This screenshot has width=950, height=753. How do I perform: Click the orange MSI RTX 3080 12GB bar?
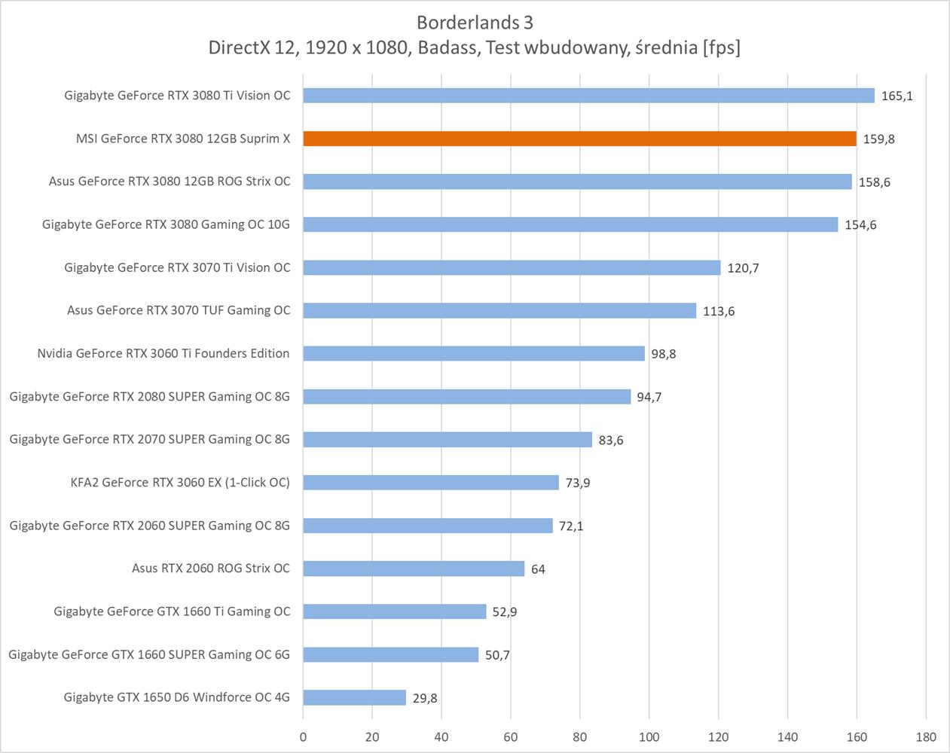(579, 139)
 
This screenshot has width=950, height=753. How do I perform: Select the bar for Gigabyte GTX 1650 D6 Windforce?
(354, 697)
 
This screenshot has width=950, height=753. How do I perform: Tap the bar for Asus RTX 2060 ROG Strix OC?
(414, 569)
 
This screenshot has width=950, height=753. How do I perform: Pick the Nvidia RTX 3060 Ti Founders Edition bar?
(474, 353)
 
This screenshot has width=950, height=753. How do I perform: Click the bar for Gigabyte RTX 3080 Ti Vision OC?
(588, 96)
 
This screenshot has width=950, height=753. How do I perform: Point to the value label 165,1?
(897, 96)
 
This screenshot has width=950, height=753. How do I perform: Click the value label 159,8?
(878, 139)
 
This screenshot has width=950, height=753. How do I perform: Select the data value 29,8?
(425, 698)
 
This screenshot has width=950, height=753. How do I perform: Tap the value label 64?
(538, 569)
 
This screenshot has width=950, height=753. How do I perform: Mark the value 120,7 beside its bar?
(743, 268)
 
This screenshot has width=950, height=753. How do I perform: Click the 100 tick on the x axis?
(649, 737)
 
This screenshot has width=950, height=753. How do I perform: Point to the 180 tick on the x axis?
(926, 737)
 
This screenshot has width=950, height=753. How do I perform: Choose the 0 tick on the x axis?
(304, 737)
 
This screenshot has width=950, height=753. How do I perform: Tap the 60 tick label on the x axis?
(511, 737)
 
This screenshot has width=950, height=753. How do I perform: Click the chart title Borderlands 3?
(475, 22)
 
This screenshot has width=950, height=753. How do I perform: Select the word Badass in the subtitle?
(448, 47)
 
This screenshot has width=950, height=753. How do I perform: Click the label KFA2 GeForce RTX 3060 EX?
(180, 483)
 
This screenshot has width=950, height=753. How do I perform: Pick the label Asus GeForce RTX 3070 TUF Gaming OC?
(179, 310)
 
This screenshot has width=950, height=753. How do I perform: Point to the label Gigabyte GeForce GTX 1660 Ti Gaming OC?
(172, 611)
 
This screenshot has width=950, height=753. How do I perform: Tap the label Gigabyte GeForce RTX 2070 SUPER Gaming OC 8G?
(149, 439)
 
